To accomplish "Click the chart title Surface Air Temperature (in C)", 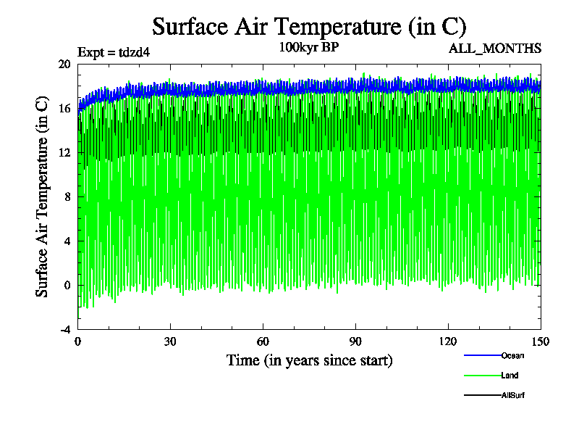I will point(309,27).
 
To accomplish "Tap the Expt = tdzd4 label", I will point(114,52).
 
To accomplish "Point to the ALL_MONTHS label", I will point(496,49).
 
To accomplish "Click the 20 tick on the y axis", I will point(64,64).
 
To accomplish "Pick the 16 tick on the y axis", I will point(64,108).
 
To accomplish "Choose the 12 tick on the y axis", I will point(64,152).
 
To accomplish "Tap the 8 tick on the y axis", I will point(67,196).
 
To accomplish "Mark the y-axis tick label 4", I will point(67,241).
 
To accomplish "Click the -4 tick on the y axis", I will point(64,329).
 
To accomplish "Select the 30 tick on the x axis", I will point(170,342).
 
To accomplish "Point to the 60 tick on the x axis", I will point(263,342).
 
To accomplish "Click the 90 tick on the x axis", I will point(355,342).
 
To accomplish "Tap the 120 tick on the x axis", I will point(448,342).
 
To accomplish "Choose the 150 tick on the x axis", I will point(540,342).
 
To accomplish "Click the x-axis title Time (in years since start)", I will point(309,360).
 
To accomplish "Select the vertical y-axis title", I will point(43,197).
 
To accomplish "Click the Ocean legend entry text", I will point(512,355).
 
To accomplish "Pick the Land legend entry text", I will point(510,376).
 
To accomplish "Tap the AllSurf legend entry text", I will point(512,395).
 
